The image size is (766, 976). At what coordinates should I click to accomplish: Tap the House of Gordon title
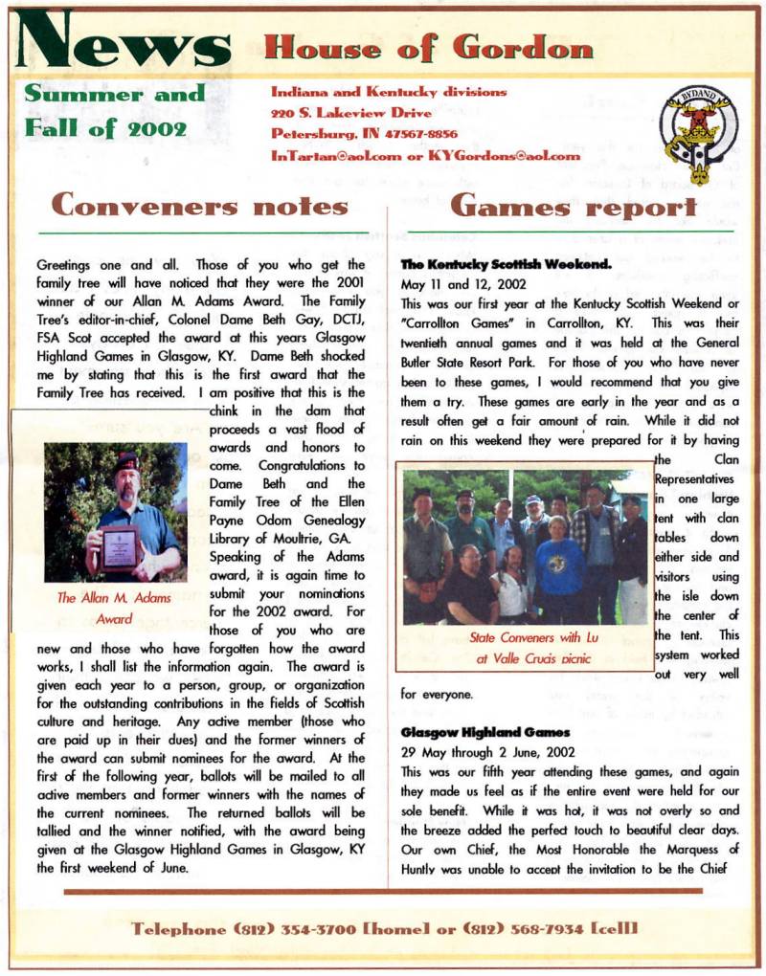point(428,46)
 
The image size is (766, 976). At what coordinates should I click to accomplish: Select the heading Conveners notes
point(199,205)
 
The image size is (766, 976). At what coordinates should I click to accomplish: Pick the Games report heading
point(573,205)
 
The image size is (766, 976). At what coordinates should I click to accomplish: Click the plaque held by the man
point(121,546)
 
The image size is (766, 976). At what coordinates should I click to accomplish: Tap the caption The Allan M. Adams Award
point(114,608)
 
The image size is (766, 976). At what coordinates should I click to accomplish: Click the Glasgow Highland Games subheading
point(472,732)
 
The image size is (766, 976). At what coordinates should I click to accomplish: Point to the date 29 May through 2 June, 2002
point(487,752)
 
